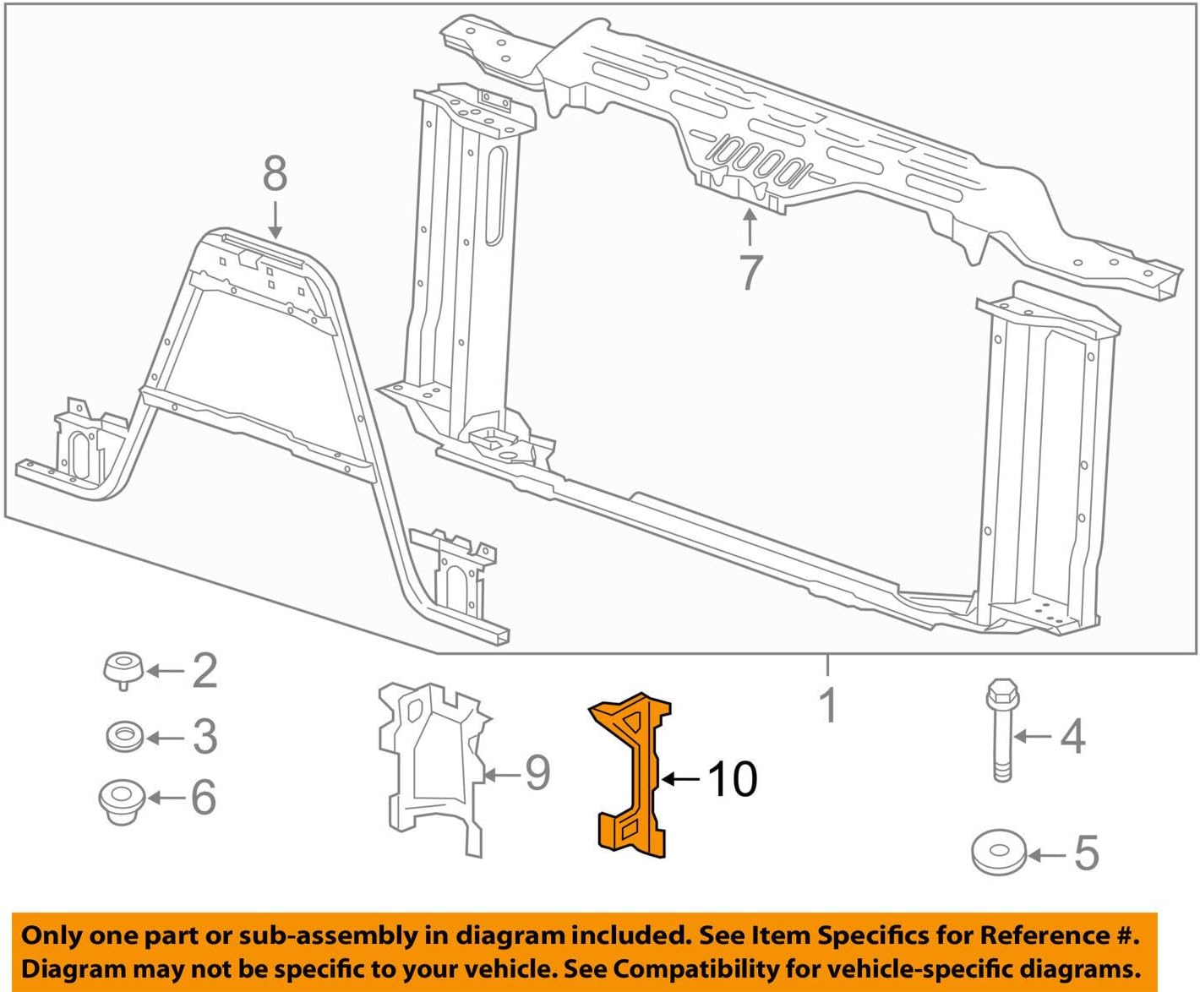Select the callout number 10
tap(732, 779)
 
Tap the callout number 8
tap(275, 174)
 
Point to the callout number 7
tap(750, 272)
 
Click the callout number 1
tap(829, 705)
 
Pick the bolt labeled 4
tap(1002, 732)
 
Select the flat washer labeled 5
tap(999, 853)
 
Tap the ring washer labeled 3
tap(124, 736)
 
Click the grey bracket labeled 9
tap(431, 765)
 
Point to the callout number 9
tap(537, 772)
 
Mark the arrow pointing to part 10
tap(681, 779)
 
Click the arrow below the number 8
tap(275, 219)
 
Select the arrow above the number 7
tap(750, 226)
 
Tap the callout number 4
tap(1072, 736)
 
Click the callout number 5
tap(1086, 853)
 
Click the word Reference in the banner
tap(1042, 935)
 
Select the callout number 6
tap(203, 798)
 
